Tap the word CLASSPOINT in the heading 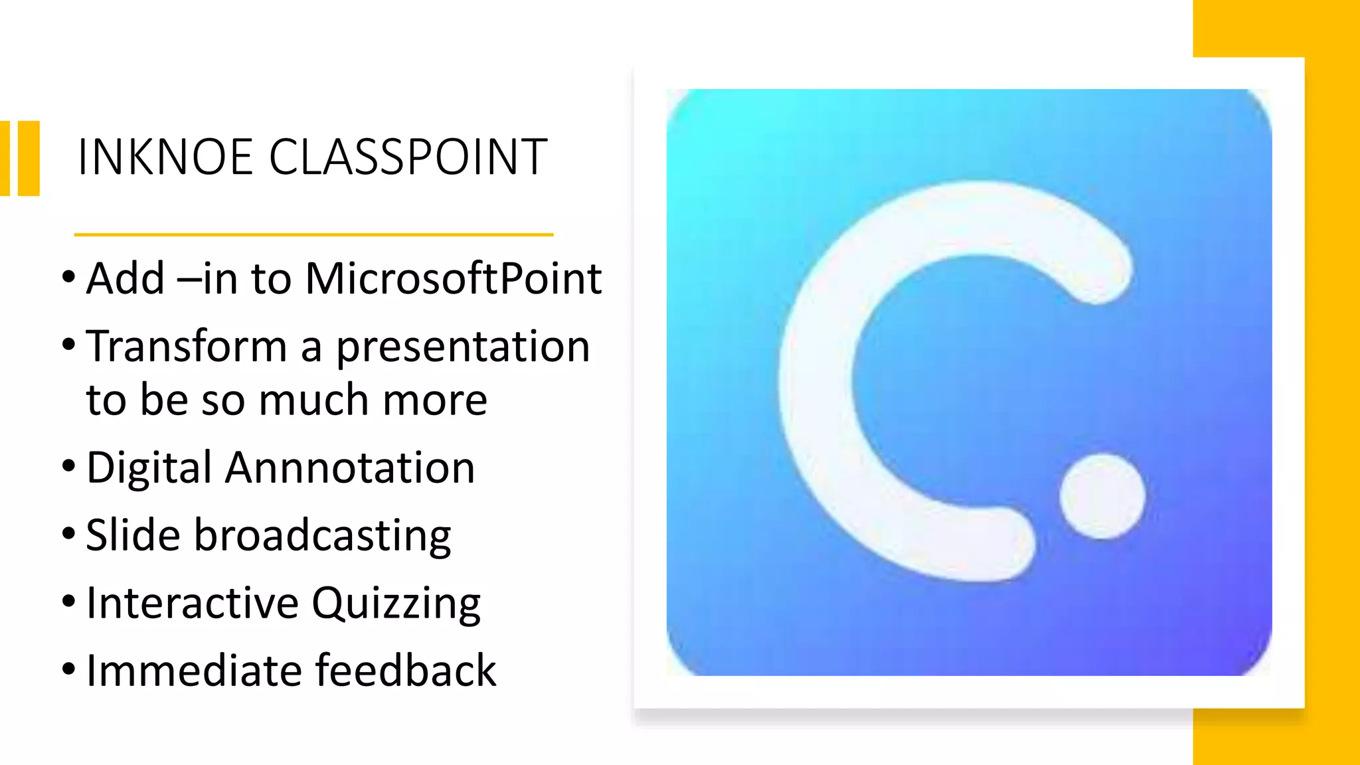408,157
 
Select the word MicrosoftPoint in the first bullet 454,278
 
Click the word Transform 187,347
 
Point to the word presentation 463,348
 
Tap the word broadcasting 322,536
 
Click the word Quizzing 396,604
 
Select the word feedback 406,670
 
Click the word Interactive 193,603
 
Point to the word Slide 133,535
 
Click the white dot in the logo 1102,496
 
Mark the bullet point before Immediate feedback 68,669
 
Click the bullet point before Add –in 68,277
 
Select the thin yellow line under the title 313,234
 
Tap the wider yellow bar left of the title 29,158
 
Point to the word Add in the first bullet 126,278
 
